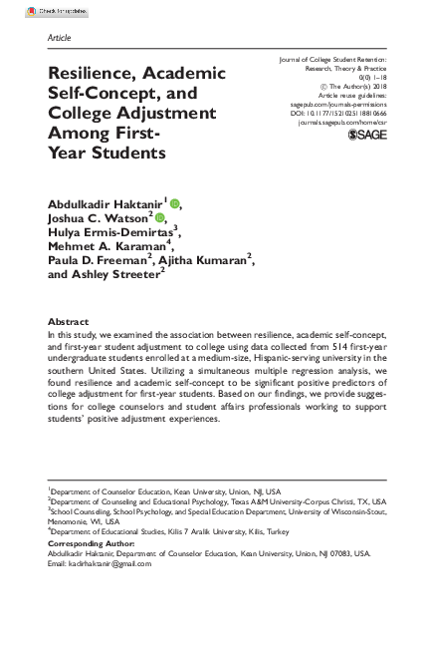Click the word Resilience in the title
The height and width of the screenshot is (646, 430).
pos(89,74)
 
